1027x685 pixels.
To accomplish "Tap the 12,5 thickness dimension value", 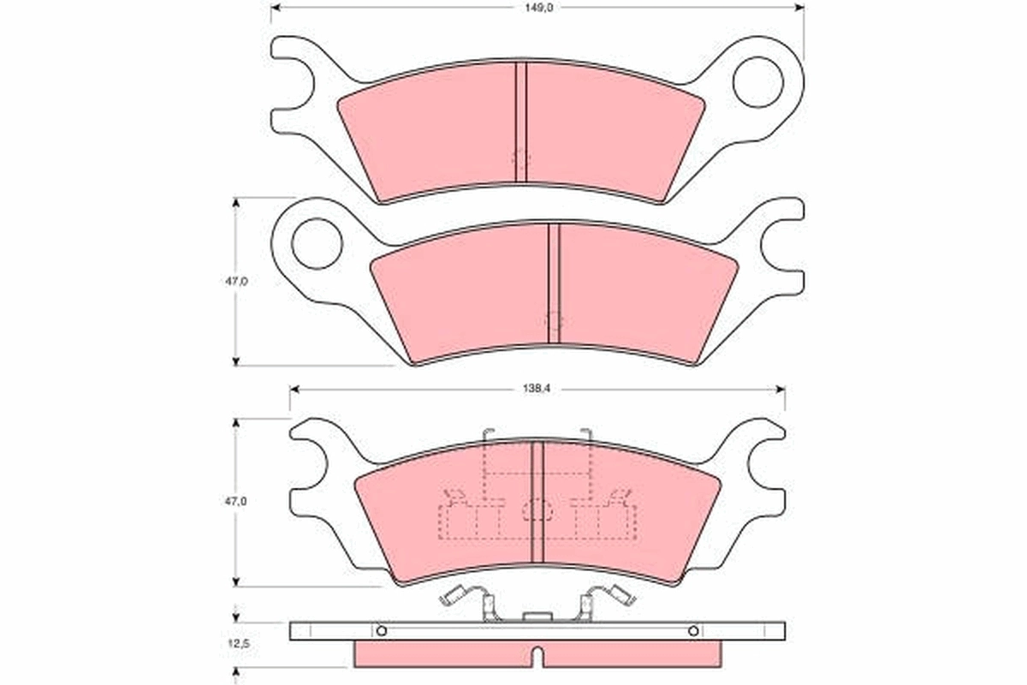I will point(227,640).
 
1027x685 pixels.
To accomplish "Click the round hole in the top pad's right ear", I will point(758,81).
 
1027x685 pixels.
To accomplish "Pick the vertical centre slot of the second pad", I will point(553,283).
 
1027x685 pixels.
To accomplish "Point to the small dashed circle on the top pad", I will point(520,158).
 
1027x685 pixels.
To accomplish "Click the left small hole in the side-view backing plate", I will point(382,631).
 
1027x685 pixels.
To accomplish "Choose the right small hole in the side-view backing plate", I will point(693,631).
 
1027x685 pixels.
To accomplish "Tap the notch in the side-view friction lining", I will point(537,657).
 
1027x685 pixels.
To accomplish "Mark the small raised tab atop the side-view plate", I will point(537,616).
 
